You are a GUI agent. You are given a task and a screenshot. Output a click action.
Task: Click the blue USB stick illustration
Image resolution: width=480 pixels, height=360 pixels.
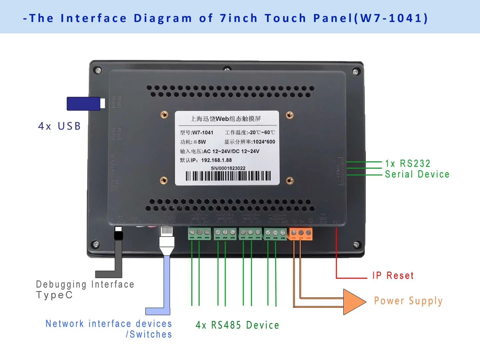point(84,104)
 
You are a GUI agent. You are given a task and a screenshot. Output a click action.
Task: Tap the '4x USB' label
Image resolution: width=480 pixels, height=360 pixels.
point(59,126)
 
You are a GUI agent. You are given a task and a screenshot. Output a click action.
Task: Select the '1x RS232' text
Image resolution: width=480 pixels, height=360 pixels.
point(408,163)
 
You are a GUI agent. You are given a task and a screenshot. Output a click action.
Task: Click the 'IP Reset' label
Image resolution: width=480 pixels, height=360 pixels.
point(393,275)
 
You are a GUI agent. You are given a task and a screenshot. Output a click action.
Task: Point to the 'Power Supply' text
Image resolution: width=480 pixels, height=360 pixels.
point(408,301)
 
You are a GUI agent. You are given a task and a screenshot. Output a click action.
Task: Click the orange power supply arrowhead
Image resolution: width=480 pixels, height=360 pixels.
point(354,302)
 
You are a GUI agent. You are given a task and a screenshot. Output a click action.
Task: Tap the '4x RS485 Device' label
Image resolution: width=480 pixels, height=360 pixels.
point(237,325)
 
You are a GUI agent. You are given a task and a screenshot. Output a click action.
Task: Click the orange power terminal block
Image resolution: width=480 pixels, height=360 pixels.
point(301,234)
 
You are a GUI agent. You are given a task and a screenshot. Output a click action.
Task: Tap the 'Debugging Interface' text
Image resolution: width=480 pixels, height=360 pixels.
point(85,284)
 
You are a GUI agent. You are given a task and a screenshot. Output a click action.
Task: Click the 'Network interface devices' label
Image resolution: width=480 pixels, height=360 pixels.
point(109,324)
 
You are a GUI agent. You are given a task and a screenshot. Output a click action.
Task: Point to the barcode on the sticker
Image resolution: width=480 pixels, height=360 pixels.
point(228,176)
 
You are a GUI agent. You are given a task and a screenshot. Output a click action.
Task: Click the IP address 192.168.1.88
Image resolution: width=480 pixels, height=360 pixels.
point(216,160)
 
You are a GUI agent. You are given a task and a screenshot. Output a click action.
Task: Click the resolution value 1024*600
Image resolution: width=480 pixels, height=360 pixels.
point(264,142)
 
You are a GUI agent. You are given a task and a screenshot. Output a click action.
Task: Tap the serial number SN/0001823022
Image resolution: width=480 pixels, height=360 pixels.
point(228,168)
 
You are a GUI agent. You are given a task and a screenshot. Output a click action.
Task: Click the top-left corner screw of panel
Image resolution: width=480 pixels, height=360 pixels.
point(98,70)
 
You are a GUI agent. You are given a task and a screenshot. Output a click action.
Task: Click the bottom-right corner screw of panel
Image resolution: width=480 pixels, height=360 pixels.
point(356,245)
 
